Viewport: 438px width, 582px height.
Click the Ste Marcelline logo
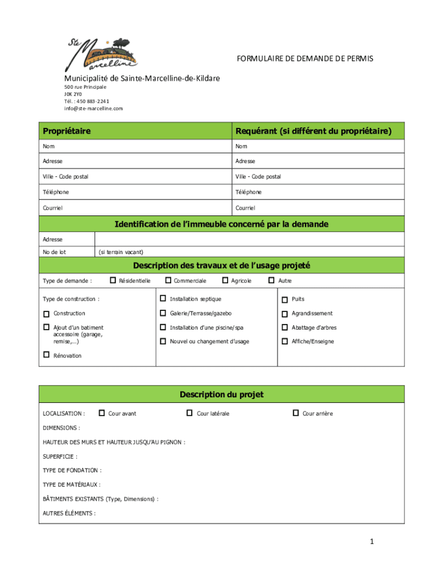[x=103, y=53]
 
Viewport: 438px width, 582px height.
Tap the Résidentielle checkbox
[x=113, y=280]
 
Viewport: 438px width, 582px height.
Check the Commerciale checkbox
[x=168, y=280]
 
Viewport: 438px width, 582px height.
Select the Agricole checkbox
[x=225, y=280]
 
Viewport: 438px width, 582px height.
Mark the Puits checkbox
[x=286, y=300]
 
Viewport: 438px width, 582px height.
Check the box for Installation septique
[x=163, y=298]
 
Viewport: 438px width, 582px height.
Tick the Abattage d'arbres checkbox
[x=286, y=327]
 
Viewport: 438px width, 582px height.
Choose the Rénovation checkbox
[x=46, y=355]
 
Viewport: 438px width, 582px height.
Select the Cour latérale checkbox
[x=189, y=413]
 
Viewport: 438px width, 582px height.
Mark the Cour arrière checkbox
[x=295, y=413]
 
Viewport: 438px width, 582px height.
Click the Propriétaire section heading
[x=67, y=131]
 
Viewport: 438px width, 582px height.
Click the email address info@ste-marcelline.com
[x=93, y=108]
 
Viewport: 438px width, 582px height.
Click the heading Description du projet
[x=221, y=394]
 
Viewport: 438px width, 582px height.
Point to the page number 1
[x=371, y=542]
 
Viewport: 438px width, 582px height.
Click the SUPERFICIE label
[x=60, y=456]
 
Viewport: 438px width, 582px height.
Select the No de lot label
[x=55, y=252]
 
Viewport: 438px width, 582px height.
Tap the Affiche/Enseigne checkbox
[x=286, y=342]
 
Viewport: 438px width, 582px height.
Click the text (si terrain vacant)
[x=121, y=252]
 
